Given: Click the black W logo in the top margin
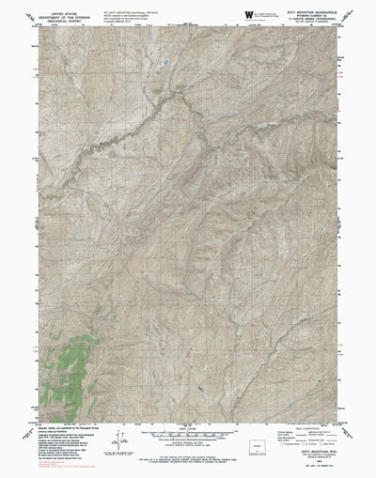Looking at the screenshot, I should (x=248, y=14).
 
